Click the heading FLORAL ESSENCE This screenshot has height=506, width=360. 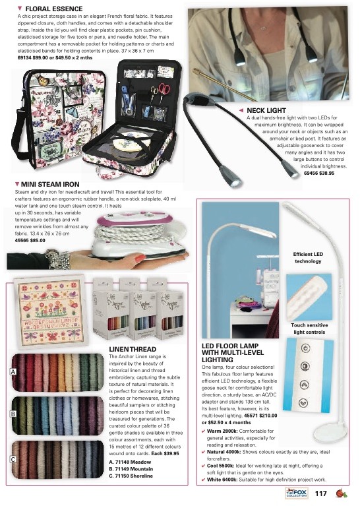coord(53,8)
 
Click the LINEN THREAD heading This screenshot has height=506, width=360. coord(132,348)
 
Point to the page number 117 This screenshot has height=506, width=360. coord(322,493)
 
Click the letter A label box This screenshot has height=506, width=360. coord(13,372)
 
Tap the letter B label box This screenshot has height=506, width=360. coord(13,414)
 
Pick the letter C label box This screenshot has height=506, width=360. coord(13,459)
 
